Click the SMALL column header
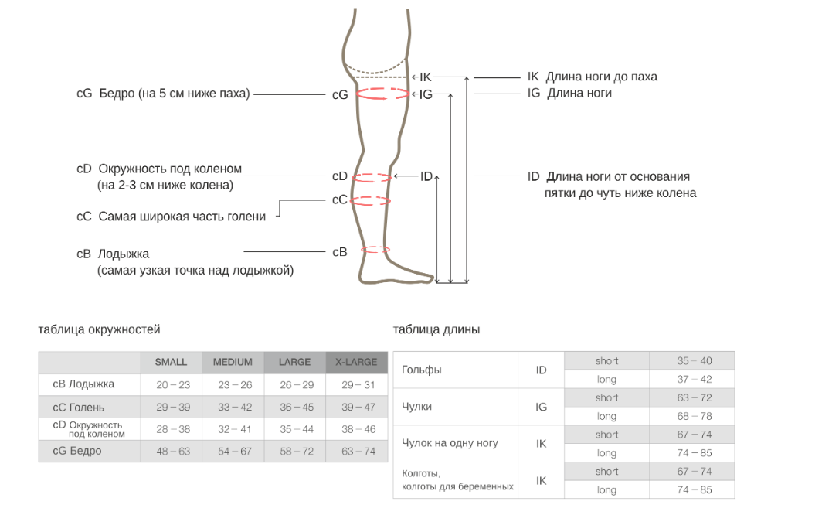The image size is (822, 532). click(x=171, y=362)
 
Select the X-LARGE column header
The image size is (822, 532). click(x=356, y=362)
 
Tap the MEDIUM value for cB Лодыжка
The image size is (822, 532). click(x=235, y=384)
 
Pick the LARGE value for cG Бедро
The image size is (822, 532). click(x=295, y=452)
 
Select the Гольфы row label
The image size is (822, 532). click(x=422, y=370)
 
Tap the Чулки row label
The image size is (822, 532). click(x=417, y=407)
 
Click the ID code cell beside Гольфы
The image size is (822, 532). click(x=541, y=370)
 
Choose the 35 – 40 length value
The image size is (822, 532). click(x=695, y=361)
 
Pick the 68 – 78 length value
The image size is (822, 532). click(x=695, y=417)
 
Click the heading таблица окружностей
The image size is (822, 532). click(x=99, y=329)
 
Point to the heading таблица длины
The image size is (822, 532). click(x=436, y=329)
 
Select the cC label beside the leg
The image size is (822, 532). click(x=340, y=199)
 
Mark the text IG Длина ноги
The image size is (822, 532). click(x=569, y=94)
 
